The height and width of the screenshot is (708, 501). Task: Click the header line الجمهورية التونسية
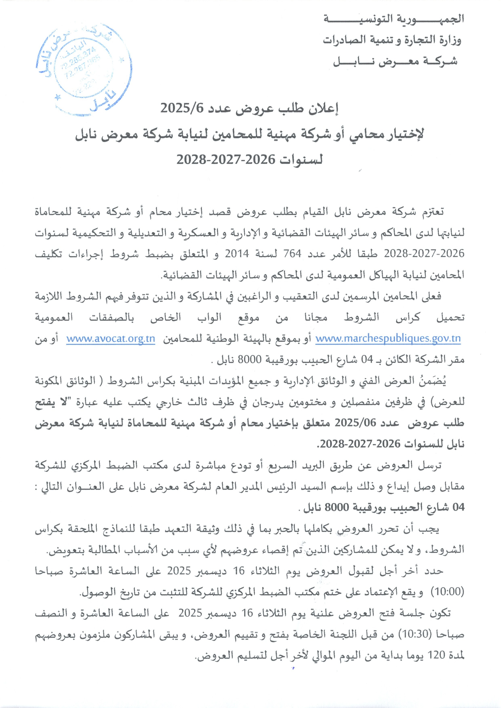pyautogui.click(x=393, y=19)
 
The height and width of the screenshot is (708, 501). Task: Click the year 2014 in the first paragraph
pyautogui.click(x=237, y=253)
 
